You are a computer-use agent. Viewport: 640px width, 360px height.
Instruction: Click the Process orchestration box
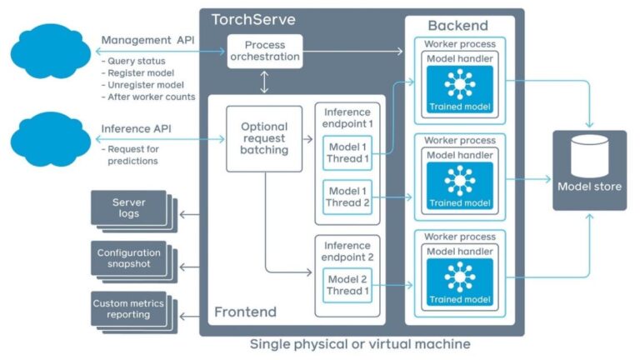tap(263, 52)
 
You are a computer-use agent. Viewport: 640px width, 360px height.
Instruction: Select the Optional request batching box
tap(264, 138)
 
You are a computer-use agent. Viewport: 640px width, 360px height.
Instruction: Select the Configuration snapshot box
tap(128, 258)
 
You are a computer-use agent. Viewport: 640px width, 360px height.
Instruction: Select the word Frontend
tap(245, 312)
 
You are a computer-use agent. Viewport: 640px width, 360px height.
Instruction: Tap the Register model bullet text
tap(137, 72)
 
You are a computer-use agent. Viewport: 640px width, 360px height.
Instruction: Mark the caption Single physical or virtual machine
tap(361, 344)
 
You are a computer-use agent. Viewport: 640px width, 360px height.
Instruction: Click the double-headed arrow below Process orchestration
tap(263, 82)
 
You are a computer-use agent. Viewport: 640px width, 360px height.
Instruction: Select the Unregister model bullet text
tap(142, 84)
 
